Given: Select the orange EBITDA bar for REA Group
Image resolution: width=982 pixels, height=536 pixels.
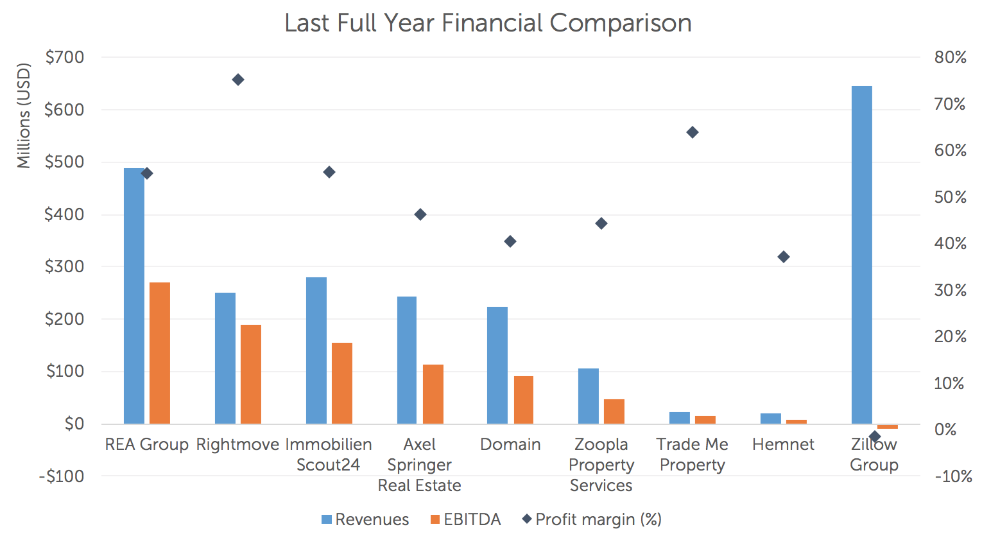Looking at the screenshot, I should [160, 353].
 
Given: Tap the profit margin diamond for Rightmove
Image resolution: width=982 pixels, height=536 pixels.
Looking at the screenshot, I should [238, 80].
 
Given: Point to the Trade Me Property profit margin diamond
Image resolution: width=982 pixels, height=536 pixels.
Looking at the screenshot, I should [693, 132].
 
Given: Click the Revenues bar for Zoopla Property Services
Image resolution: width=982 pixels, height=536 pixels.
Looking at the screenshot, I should [588, 396].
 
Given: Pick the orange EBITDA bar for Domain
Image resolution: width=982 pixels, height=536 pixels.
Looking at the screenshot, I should [523, 400].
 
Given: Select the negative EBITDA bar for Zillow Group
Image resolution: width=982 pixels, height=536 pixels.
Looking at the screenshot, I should [888, 426].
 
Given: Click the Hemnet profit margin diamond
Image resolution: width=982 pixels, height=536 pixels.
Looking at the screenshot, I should [784, 257].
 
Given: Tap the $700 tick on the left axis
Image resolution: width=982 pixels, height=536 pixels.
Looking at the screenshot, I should [64, 57].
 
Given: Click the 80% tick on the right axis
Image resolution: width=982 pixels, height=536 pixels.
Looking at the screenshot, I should [950, 57].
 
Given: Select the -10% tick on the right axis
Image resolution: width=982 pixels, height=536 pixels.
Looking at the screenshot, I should [952, 476].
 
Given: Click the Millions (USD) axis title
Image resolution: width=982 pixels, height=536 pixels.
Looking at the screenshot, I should [24, 116].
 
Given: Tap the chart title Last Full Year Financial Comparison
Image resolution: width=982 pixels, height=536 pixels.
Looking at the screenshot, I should [488, 23].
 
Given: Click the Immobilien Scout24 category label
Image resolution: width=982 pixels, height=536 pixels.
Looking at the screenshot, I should [328, 454].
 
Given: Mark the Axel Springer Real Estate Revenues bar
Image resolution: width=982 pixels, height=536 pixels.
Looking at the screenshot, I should [406, 360].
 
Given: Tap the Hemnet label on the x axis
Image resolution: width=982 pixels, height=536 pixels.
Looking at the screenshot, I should [783, 444].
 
